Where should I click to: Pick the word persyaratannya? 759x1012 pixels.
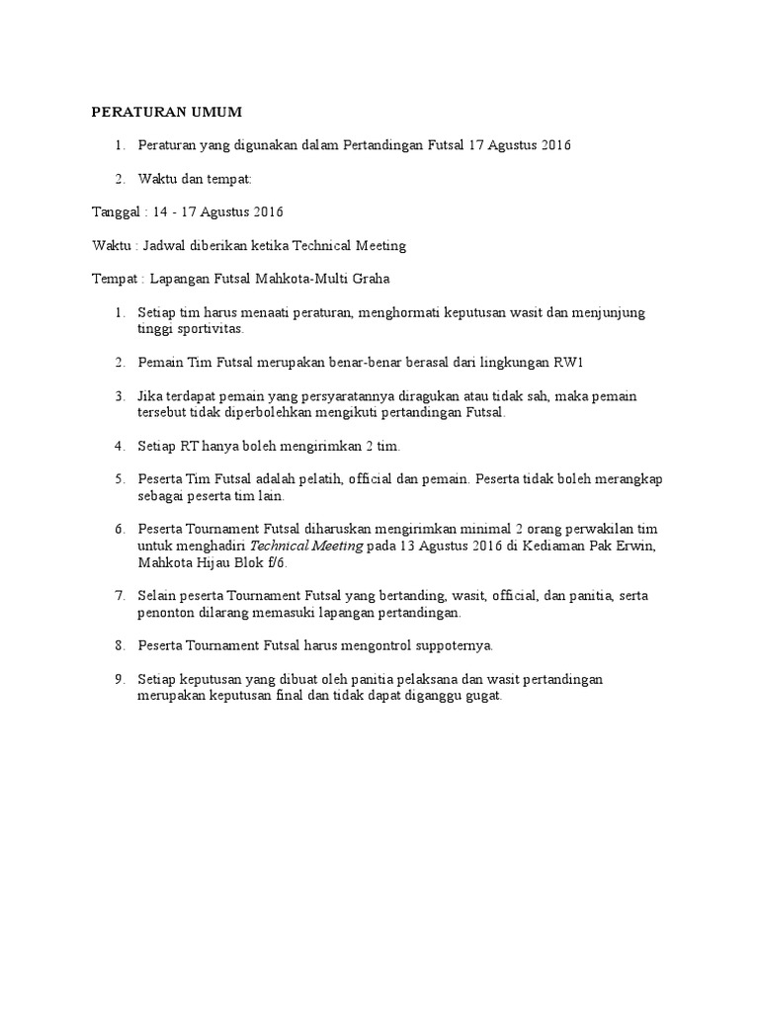pyautogui.click(x=331, y=395)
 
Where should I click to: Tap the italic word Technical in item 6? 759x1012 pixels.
pyautogui.click(x=279, y=546)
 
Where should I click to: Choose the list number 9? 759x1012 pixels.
pyautogui.click(x=119, y=680)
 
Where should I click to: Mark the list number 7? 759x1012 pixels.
pyautogui.click(x=119, y=596)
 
